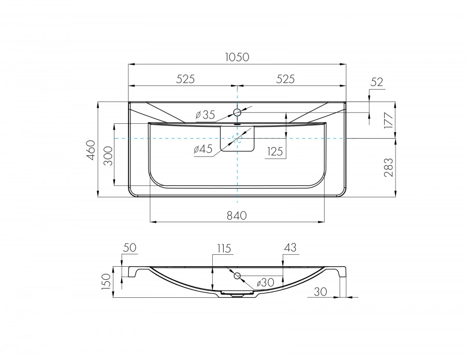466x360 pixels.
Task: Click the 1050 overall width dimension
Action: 237,57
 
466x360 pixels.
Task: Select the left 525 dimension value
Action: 185,79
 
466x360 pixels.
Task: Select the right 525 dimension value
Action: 285,79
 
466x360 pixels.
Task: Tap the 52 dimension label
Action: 377,82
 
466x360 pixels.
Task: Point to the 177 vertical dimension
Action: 388,120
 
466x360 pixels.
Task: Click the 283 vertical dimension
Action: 388,168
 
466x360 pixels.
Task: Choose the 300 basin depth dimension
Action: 109,156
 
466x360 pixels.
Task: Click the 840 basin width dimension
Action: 237,215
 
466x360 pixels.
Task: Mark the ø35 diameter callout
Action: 205,114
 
